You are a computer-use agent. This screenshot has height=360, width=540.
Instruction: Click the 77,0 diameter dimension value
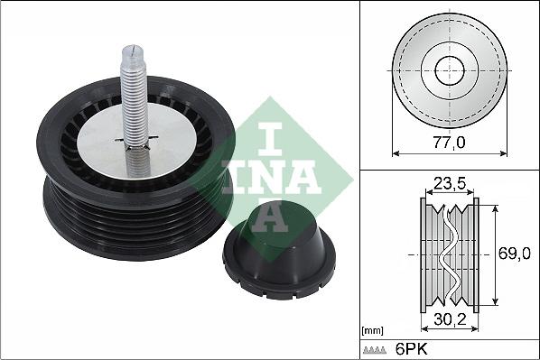(449, 142)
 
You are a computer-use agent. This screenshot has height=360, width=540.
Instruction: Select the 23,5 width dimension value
(450, 183)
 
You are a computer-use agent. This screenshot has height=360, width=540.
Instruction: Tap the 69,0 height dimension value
(514, 254)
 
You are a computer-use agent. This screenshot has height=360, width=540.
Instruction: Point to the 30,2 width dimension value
(450, 319)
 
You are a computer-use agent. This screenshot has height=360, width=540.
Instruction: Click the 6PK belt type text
(411, 349)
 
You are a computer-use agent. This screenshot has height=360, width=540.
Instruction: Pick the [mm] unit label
(373, 331)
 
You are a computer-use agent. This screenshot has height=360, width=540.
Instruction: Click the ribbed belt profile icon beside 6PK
(375, 350)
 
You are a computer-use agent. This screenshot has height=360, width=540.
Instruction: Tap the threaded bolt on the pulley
(135, 110)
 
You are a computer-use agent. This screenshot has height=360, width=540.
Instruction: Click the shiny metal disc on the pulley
(137, 141)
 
